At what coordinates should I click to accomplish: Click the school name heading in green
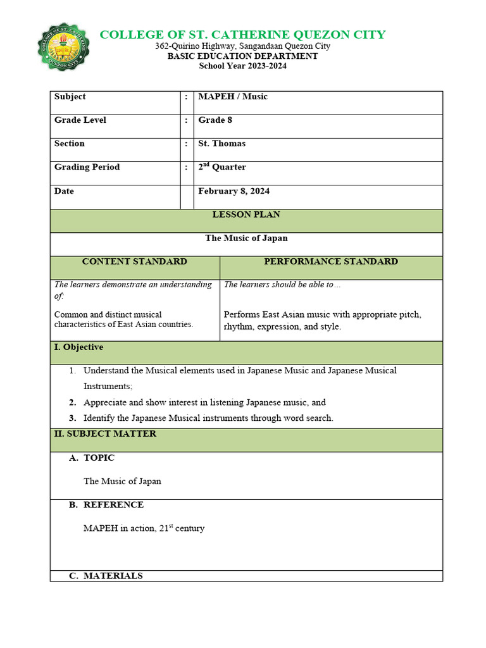pyautogui.click(x=243, y=34)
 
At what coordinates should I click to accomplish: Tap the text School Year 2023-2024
pyautogui.click(x=243, y=66)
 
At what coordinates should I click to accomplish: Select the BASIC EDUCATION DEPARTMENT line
pyautogui.click(x=243, y=56)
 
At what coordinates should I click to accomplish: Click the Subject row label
pyautogui.click(x=70, y=97)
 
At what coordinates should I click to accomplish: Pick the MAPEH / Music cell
pyautogui.click(x=233, y=97)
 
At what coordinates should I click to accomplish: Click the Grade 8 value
pyautogui.click(x=215, y=120)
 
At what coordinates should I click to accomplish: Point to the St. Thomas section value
pyautogui.click(x=221, y=144)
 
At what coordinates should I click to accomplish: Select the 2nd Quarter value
pyautogui.click(x=222, y=167)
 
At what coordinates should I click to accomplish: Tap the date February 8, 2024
pyautogui.click(x=234, y=191)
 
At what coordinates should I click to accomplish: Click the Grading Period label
pyautogui.click(x=87, y=167)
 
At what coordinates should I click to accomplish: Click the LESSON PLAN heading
pyautogui.click(x=246, y=215)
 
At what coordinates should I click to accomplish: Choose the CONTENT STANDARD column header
pyautogui.click(x=135, y=261)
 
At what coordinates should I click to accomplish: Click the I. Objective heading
pyautogui.click(x=78, y=347)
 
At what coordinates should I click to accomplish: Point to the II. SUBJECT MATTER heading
pyautogui.click(x=105, y=434)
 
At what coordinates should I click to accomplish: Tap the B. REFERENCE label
pyautogui.click(x=106, y=505)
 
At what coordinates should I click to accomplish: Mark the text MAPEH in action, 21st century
pyautogui.click(x=144, y=528)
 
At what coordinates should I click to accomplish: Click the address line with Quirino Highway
pyautogui.click(x=243, y=46)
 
